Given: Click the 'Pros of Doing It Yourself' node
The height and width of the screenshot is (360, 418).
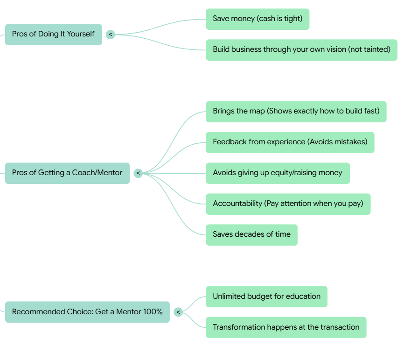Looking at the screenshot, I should tap(53, 34).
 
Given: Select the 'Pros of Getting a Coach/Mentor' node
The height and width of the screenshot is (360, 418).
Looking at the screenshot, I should tap(67, 173).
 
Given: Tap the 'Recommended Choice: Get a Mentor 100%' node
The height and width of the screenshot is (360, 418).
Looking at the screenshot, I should tap(87, 311).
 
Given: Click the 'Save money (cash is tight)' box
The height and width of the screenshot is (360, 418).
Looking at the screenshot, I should tap(258, 19).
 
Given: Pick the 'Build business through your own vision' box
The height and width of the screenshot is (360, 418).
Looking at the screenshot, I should tap(301, 49).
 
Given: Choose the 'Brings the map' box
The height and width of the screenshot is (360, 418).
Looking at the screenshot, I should tap(296, 111).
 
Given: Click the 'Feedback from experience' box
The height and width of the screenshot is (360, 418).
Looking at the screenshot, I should tap(290, 142).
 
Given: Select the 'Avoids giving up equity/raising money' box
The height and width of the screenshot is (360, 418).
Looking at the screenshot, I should tap(278, 173).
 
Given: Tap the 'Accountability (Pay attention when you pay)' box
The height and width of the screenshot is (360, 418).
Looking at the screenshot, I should tap(288, 204).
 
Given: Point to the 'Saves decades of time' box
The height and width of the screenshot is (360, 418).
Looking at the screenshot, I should tap(251, 234).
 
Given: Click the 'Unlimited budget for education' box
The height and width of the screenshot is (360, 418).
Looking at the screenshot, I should tap(266, 296).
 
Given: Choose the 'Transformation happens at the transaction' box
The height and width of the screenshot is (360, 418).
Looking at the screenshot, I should tap(286, 327).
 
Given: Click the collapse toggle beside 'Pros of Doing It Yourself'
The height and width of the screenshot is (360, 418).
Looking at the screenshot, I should tap(111, 35).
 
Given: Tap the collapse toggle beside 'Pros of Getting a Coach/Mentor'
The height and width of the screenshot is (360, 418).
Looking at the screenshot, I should tap(138, 173).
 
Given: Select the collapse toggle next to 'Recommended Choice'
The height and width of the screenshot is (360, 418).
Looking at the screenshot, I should tap(178, 312).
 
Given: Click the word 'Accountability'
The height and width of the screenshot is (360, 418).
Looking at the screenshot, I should tap(237, 204).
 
